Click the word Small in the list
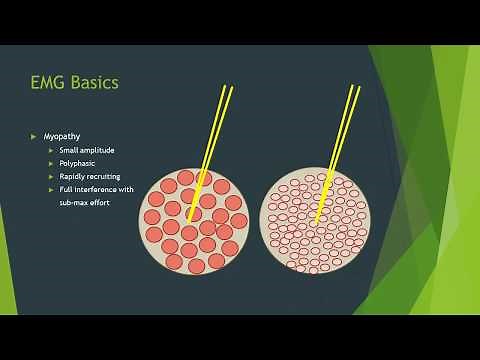(x=70, y=150)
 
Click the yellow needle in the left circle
(x=213, y=140)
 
